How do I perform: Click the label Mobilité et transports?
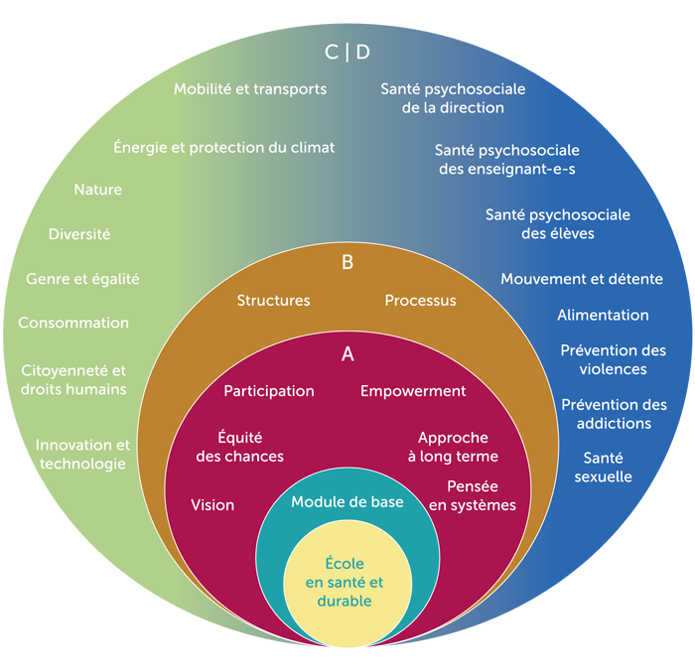click(x=250, y=89)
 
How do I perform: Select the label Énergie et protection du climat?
click(x=223, y=148)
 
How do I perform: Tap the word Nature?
click(x=98, y=190)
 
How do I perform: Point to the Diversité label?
click(x=79, y=235)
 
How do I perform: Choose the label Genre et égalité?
click(x=82, y=280)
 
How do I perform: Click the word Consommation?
click(x=73, y=324)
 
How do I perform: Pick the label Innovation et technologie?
click(x=82, y=455)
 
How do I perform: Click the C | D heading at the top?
click(x=347, y=52)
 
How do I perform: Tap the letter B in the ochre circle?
click(x=347, y=263)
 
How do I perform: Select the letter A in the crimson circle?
click(x=347, y=353)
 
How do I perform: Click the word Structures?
click(x=273, y=301)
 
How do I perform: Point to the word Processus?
click(x=420, y=301)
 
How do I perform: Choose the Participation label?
click(x=269, y=391)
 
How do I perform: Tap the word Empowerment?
click(x=413, y=391)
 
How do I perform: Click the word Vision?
click(x=212, y=505)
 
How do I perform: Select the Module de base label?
click(x=347, y=502)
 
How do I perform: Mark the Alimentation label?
click(x=603, y=316)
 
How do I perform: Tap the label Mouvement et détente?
click(x=582, y=280)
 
